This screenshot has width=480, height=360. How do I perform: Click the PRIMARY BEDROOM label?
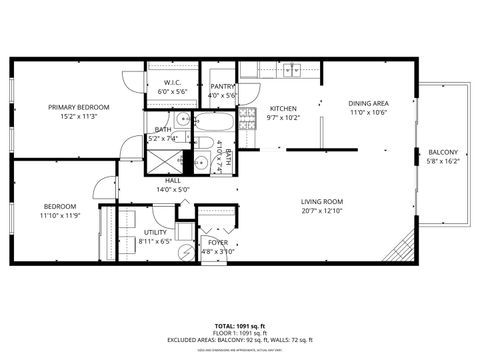click(79, 107)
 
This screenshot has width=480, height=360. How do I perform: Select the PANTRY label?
click(222, 87)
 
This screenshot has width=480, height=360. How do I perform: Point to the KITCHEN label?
click(284, 108)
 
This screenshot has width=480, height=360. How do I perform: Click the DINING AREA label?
click(368, 104)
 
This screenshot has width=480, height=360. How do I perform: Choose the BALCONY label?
click(443, 152)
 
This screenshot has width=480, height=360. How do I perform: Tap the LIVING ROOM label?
click(321, 202)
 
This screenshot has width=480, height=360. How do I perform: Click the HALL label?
click(159, 180)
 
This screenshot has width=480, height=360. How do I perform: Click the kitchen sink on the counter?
click(292, 70)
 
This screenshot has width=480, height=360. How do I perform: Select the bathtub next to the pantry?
click(212, 126)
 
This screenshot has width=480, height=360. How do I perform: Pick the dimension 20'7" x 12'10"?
click(321, 211)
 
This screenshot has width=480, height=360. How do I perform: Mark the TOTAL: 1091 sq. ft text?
click(239, 326)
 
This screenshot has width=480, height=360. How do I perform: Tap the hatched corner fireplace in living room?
click(401, 247)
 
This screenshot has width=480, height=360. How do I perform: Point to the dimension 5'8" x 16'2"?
click(443, 161)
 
